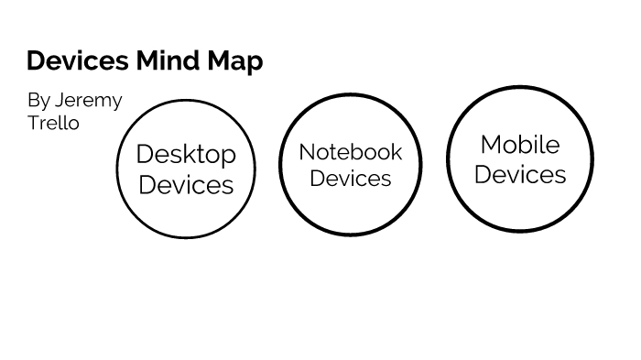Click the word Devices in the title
tap(77, 61)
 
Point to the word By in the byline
tap(38, 101)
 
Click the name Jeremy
tap(88, 101)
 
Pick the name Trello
tap(53, 123)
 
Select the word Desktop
tap(186, 155)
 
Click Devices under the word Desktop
tap(186, 185)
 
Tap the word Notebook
tap(351, 151)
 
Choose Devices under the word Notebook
tap(351, 178)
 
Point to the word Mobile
tap(520, 145)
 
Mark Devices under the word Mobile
tap(520, 174)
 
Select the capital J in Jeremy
tap(60, 100)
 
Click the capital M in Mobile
tap(490, 145)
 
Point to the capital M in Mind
tap(147, 61)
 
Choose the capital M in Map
tap(216, 61)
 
